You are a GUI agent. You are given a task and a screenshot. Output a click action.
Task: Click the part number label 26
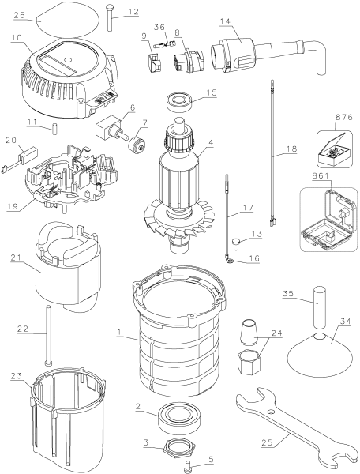coord(21,13)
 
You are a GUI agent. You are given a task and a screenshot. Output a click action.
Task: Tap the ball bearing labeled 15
coord(181,103)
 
